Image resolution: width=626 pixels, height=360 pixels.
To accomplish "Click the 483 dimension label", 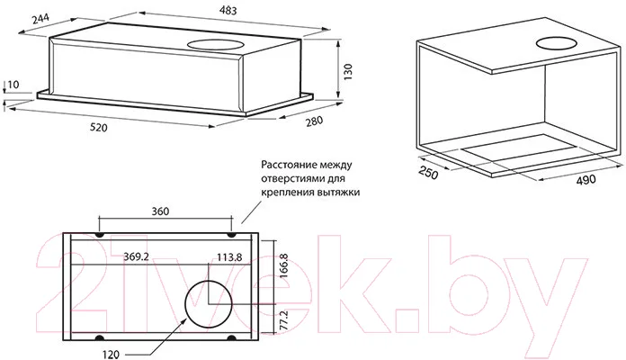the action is (228, 10).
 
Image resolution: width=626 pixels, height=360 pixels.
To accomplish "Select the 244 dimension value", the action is (40, 18).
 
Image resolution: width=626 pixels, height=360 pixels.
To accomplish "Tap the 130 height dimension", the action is (348, 72).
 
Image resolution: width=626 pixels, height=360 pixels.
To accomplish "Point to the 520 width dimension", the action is (99, 128).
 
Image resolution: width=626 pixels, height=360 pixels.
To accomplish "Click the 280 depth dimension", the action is (314, 121).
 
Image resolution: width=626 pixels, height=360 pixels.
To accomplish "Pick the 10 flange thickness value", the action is (13, 85).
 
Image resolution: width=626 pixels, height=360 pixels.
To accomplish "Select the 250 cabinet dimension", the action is (428, 172).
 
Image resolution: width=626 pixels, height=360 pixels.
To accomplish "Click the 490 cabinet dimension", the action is (586, 180).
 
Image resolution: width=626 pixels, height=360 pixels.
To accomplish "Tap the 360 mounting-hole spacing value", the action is (160, 211).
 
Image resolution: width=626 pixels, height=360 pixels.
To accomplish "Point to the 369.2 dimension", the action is (136, 256).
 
